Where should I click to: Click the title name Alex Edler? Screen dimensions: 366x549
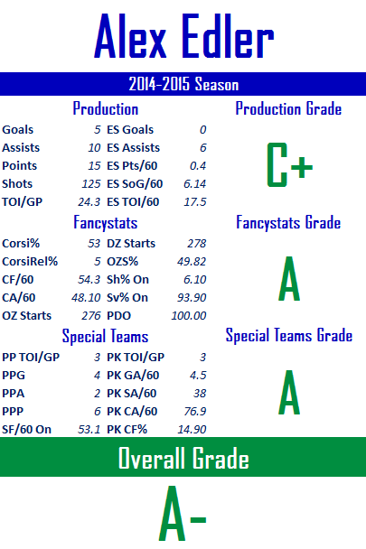(x=183, y=36)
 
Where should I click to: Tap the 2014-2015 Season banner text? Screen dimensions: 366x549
(x=183, y=84)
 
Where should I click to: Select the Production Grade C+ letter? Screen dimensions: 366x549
(x=289, y=164)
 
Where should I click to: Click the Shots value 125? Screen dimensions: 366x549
(x=91, y=184)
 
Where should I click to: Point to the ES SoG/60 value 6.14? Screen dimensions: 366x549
(x=195, y=184)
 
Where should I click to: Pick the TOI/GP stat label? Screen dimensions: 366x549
(x=22, y=202)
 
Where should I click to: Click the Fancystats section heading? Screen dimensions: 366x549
(x=105, y=223)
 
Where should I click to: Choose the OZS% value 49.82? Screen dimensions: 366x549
(x=192, y=262)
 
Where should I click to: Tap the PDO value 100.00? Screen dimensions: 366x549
(x=189, y=316)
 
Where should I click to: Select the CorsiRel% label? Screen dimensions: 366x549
(x=30, y=262)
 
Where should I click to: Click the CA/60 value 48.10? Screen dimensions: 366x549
(x=86, y=298)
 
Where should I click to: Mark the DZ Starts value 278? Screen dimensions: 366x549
(x=197, y=243)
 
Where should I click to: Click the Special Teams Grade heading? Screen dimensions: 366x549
(x=289, y=335)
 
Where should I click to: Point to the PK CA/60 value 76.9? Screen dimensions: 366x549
(x=195, y=412)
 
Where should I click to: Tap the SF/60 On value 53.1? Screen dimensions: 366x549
(x=89, y=430)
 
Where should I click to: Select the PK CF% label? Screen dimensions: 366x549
(x=127, y=430)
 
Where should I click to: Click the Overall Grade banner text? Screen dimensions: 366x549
(x=183, y=458)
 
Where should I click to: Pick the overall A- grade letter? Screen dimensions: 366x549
(x=183, y=513)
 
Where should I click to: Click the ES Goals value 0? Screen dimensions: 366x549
(x=203, y=130)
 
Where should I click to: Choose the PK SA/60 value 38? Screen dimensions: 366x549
(x=200, y=394)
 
